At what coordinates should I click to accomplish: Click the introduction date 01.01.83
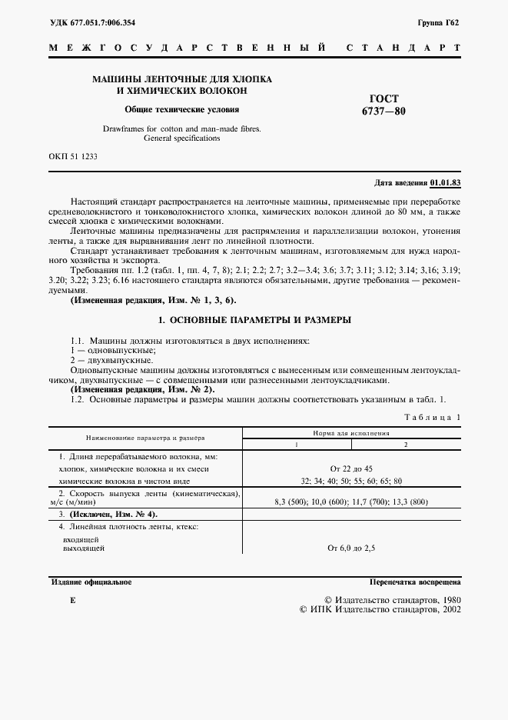point(446,183)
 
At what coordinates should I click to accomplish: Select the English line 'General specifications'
point(182,139)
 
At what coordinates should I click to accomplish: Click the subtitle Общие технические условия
point(182,109)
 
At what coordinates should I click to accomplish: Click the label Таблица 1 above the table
point(432,417)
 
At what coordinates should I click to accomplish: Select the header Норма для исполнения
point(350,433)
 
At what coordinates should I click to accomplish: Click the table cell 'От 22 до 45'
point(350,468)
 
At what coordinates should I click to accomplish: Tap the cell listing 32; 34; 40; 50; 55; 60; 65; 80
point(350,481)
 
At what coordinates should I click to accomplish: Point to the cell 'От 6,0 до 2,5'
point(350,548)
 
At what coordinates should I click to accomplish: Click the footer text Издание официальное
point(91,582)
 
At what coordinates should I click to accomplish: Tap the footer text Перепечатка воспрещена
point(414,582)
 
